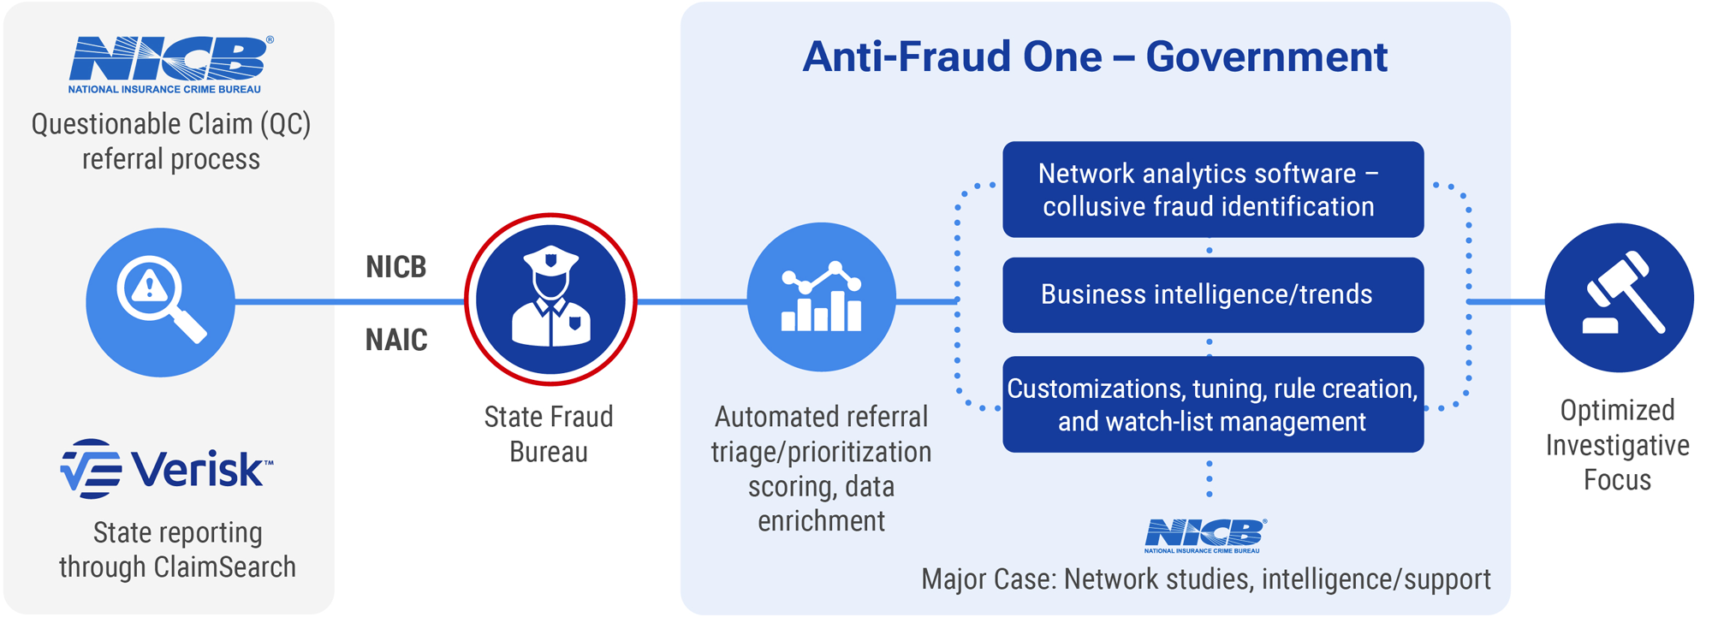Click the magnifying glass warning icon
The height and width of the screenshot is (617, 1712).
160,301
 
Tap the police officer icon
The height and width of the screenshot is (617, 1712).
550,299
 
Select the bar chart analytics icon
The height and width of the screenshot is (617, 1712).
821,297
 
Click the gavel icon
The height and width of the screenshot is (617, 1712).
1619,298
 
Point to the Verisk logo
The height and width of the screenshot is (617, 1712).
167,468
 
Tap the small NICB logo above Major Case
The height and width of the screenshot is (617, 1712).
1204,536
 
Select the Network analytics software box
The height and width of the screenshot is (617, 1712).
1212,189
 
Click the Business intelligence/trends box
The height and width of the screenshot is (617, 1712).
1212,294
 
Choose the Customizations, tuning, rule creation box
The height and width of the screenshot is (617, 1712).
1212,404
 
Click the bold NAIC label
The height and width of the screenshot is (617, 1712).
396,340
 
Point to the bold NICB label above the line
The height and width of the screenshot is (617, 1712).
396,267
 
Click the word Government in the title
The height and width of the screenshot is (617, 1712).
1266,57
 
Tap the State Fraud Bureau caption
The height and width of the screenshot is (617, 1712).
549,434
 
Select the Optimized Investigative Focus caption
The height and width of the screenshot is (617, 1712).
1617,445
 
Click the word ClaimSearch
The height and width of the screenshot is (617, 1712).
225,567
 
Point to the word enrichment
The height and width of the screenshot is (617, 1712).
821,521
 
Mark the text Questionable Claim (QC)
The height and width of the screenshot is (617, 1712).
171,125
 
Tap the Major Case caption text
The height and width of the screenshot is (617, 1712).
1205,579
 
